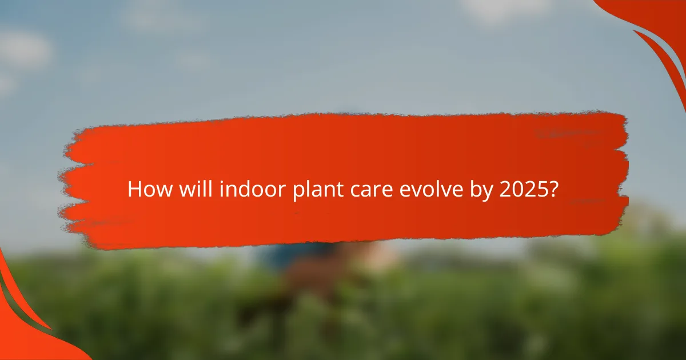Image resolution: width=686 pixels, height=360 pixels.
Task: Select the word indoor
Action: (245, 189)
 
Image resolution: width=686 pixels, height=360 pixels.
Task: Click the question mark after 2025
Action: (553, 189)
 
